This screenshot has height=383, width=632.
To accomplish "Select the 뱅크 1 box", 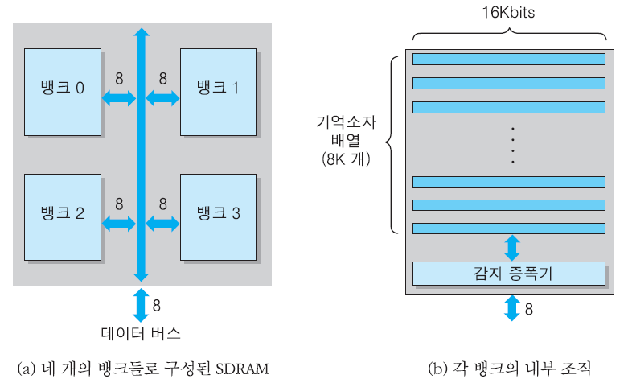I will click(x=218, y=88).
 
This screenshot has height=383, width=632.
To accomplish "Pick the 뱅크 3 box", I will click(x=218, y=213).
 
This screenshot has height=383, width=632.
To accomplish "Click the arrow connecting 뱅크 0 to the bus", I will click(x=119, y=98).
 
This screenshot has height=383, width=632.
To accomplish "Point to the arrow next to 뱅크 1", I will click(x=162, y=98).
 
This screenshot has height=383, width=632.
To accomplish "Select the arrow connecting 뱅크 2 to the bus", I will click(x=119, y=223).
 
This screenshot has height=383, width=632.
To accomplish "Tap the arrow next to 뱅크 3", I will click(x=162, y=223).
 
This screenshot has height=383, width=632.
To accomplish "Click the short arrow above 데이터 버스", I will click(x=141, y=305).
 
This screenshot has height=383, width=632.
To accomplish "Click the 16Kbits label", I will click(x=508, y=14).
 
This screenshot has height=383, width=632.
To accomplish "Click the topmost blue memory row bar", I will click(x=508, y=59).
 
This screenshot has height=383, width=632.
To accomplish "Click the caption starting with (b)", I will click(x=508, y=369).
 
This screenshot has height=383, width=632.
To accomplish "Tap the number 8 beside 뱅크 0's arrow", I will click(x=119, y=80).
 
